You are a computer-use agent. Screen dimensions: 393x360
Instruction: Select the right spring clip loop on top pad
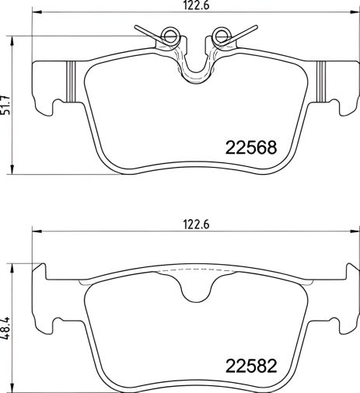pyautogui.click(x=222, y=34)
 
